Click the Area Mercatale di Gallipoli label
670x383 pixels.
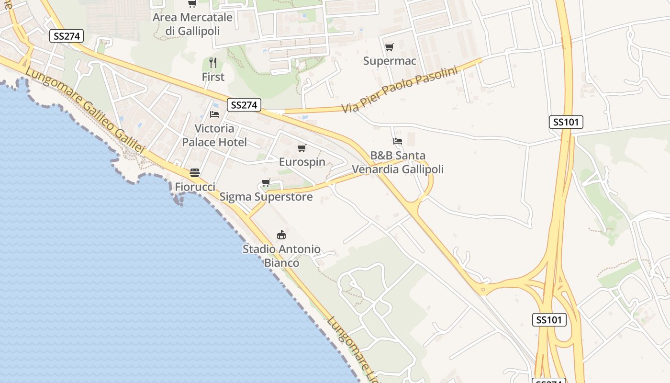(192, 24)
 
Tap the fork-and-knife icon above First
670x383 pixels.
(213, 63)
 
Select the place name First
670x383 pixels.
(213, 77)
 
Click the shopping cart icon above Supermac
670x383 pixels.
(389, 47)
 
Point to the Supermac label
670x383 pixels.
(390, 61)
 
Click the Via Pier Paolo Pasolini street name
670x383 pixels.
(400, 90)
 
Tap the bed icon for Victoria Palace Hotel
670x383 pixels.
(214, 114)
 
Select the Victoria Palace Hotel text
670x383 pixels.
(214, 135)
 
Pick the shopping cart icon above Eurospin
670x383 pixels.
(301, 148)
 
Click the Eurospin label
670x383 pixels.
(302, 162)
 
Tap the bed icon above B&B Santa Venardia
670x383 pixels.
(397, 141)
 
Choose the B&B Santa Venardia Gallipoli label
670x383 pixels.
(398, 162)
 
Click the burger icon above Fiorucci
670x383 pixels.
(195, 173)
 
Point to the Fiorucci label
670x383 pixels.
(195, 187)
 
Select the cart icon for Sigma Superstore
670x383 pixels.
(266, 182)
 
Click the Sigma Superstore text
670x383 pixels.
(266, 197)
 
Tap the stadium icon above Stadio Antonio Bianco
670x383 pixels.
(281, 235)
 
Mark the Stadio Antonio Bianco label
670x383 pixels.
(281, 256)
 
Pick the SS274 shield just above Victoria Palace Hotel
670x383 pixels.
(244, 105)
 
